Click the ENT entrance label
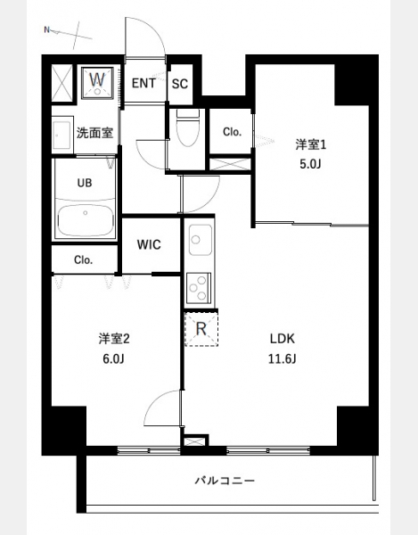(x=143, y=83)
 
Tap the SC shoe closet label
(x=180, y=84)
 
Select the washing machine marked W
(x=97, y=83)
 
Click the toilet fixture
(x=187, y=128)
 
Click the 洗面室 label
(x=94, y=133)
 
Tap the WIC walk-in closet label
(x=149, y=244)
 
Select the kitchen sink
(x=201, y=240)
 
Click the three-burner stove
(x=198, y=288)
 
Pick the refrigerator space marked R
(x=201, y=329)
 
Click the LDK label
(x=283, y=339)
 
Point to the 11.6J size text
(x=282, y=359)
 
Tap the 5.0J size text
(x=310, y=164)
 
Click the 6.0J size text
(x=113, y=359)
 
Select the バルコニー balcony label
(x=225, y=481)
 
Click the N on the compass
(x=47, y=29)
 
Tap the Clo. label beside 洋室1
(x=233, y=132)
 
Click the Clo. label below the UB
(x=84, y=260)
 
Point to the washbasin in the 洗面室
(x=62, y=134)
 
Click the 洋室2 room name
(x=114, y=339)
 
